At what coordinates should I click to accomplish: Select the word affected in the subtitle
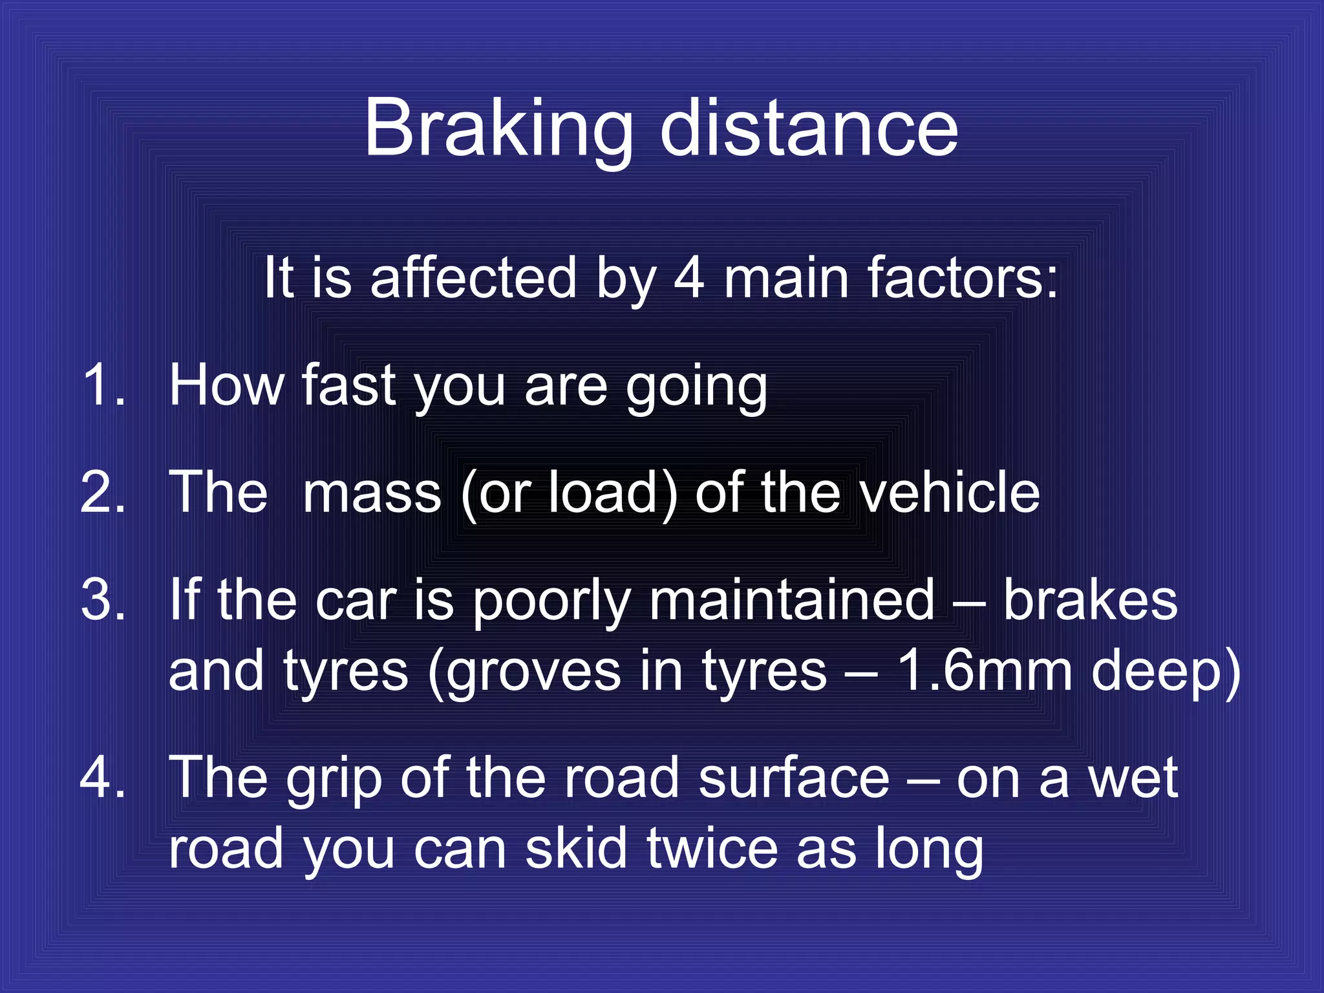[473, 278]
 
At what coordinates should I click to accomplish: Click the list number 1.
[103, 385]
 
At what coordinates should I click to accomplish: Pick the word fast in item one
[349, 385]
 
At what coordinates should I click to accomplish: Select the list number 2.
[103, 493]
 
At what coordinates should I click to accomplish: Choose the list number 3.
[103, 600]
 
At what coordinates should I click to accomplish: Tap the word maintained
[792, 600]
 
